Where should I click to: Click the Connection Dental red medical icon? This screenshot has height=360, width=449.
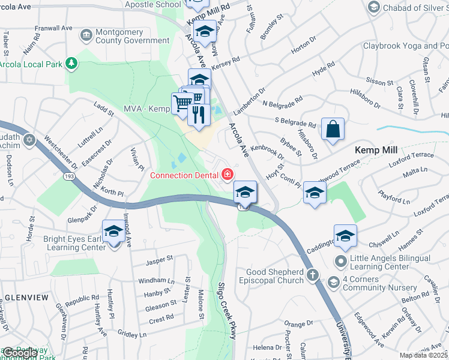click(228, 175)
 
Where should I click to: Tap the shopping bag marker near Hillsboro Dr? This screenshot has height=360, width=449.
click(333, 130)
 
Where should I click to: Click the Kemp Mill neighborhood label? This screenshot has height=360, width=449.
click(376, 150)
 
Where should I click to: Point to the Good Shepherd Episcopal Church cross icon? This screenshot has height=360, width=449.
click(312, 275)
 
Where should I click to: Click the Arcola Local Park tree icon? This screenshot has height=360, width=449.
click(71, 63)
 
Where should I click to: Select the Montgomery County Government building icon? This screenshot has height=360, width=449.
click(86, 36)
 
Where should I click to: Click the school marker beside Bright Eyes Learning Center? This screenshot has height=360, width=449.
click(114, 232)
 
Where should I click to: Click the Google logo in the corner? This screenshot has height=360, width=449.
click(20, 353)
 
